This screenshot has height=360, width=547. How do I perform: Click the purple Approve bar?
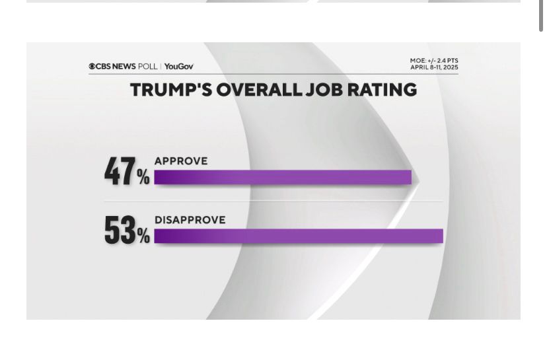click(283, 177)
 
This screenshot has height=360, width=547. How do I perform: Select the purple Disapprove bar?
click(299, 236)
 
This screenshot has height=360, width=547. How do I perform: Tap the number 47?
click(120, 171)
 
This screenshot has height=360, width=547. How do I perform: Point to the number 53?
click(120, 231)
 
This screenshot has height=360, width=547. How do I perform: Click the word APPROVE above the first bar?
click(181, 161)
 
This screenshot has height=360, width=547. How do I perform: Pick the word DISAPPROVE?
click(190, 220)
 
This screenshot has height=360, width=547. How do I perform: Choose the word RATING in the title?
click(383, 90)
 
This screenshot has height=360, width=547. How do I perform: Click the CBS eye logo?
click(92, 67)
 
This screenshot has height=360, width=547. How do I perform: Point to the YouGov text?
click(179, 67)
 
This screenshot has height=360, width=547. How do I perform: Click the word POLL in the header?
click(148, 67)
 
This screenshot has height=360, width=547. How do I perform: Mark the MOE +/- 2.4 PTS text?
click(433, 61)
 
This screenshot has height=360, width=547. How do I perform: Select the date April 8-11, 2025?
click(433, 67)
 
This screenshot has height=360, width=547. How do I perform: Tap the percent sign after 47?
click(143, 176)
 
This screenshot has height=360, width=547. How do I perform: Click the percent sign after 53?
click(143, 236)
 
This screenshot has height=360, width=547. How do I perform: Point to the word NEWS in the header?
click(124, 67)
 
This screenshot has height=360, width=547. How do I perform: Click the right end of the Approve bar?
click(410, 177)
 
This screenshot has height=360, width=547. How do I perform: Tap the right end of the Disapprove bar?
click(441, 236)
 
